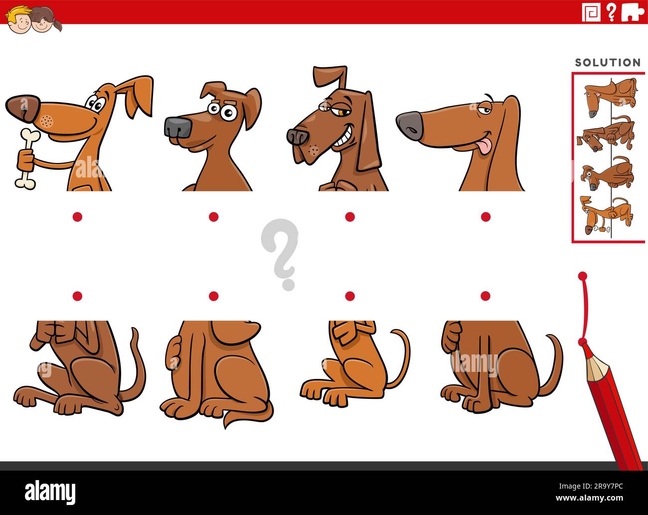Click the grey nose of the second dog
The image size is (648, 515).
[x=177, y=128]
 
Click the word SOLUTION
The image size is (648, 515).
[x=608, y=63]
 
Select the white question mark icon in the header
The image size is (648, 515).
[x=611, y=12]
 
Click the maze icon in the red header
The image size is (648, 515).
[x=592, y=12]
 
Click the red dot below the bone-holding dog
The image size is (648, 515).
[x=77, y=216]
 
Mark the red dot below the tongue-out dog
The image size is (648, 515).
[x=486, y=216]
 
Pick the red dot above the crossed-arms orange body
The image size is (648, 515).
[x=350, y=296]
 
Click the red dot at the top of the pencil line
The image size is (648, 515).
[x=582, y=276]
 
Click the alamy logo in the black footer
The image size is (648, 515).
[x=50, y=493]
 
